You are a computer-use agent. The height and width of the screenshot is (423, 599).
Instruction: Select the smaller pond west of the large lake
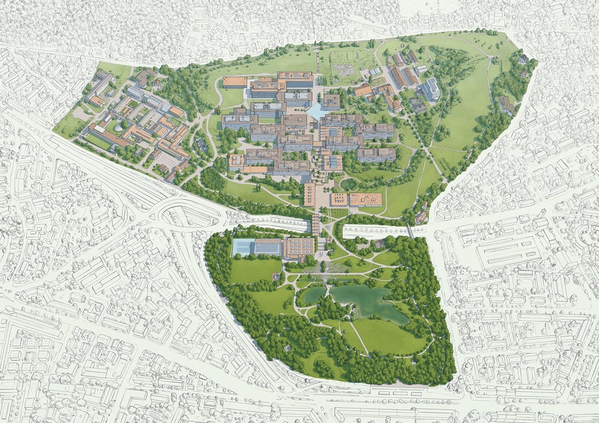(312, 295)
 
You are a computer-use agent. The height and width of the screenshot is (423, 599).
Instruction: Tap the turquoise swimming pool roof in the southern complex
(243, 247)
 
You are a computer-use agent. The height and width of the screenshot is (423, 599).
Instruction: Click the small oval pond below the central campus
(348, 183)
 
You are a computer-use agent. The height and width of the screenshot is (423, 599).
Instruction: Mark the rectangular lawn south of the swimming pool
(255, 270)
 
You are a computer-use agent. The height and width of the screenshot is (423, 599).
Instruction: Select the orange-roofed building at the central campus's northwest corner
(235, 82)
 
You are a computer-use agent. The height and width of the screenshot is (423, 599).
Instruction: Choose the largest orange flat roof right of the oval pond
(365, 200)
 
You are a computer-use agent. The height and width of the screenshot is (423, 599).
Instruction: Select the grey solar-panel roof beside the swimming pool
(268, 246)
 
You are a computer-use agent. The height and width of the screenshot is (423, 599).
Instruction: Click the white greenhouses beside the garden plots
(374, 71)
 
